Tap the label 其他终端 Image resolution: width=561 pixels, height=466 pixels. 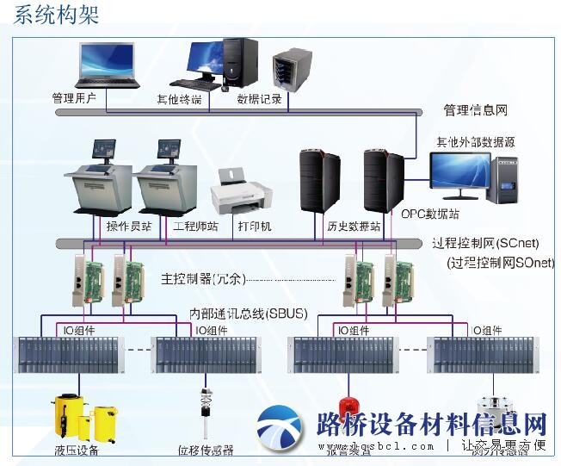click(179, 99)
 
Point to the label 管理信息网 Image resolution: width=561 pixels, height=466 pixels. click(476, 110)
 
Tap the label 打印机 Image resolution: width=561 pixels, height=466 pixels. click(255, 227)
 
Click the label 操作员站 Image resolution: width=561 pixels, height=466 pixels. click(129, 227)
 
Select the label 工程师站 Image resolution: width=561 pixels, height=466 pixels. click(195, 227)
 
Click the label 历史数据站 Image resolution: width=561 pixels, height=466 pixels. click(330, 227)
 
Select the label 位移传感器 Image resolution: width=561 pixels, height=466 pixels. click(206, 450)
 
